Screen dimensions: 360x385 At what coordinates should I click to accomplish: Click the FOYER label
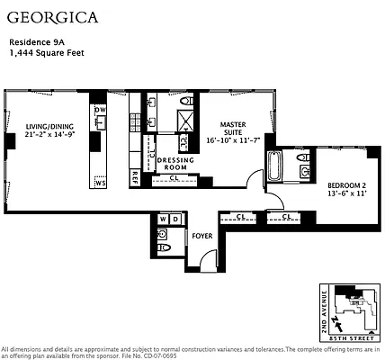pyautogui.click(x=201, y=237)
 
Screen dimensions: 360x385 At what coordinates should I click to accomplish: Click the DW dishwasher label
pyautogui.click(x=101, y=109)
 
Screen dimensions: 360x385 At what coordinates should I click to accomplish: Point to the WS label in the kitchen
pyautogui.click(x=101, y=183)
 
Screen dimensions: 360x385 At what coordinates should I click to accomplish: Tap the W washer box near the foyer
pyautogui.click(x=163, y=219)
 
